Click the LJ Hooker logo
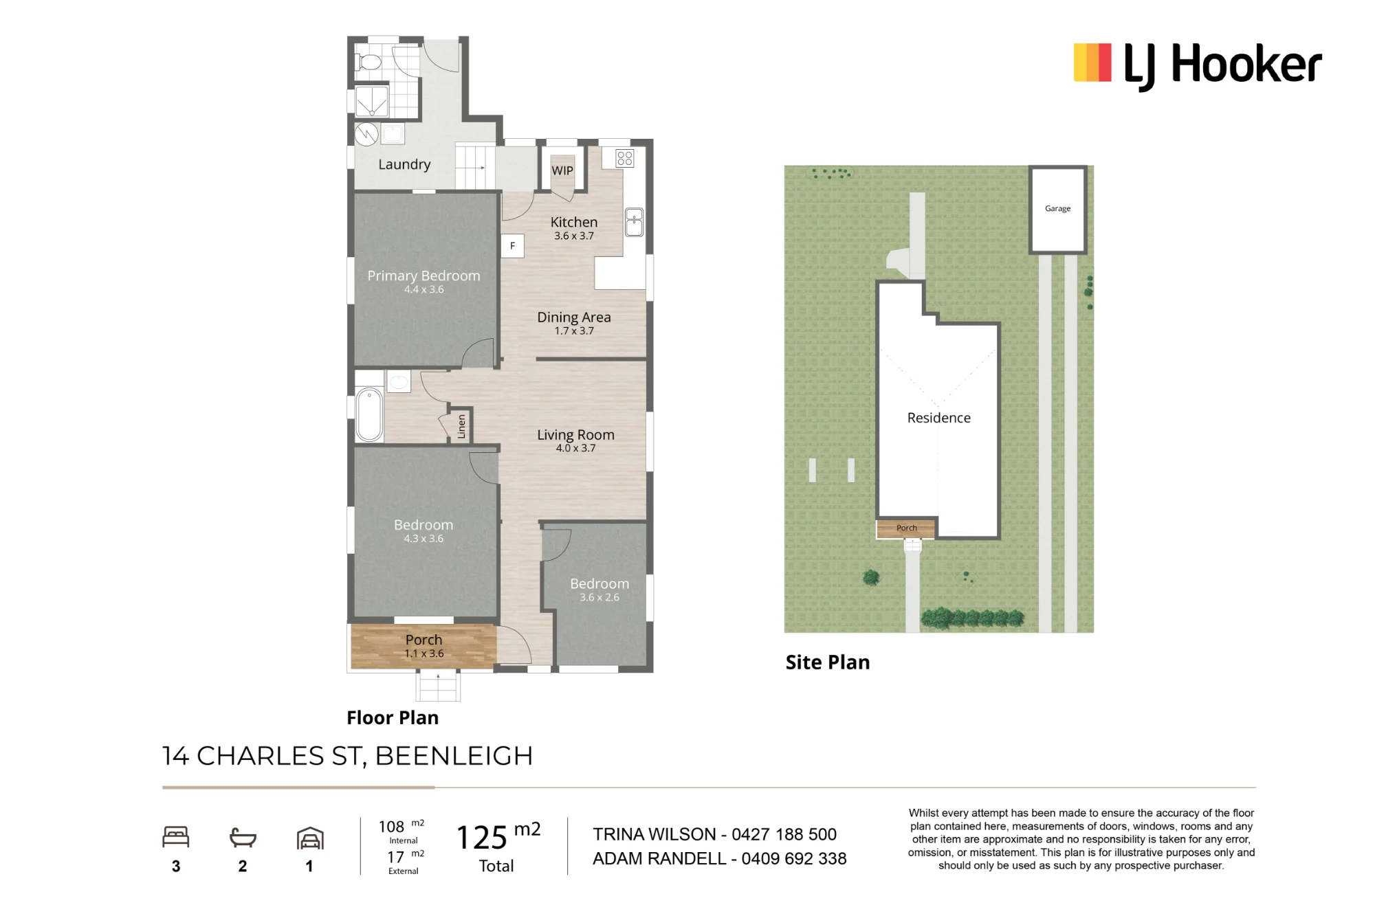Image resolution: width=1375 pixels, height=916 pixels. click(x=1197, y=65)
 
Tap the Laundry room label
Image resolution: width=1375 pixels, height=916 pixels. click(x=404, y=164)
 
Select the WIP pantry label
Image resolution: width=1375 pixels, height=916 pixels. click(x=562, y=170)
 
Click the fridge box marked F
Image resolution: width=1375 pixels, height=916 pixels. click(x=512, y=246)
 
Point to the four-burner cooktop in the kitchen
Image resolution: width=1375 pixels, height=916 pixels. click(x=625, y=159)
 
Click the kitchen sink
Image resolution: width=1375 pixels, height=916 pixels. click(x=634, y=223)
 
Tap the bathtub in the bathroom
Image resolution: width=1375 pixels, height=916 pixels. click(x=369, y=414)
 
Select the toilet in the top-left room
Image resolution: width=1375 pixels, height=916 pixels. click(x=368, y=63)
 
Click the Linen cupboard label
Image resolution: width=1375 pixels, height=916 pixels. click(x=461, y=426)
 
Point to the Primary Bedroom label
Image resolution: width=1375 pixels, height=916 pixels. click(x=423, y=276)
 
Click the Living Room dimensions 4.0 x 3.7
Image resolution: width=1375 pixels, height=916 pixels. click(x=576, y=448)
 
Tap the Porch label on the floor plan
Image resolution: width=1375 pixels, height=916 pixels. click(x=423, y=640)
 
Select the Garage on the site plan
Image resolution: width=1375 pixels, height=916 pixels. click(x=1058, y=209)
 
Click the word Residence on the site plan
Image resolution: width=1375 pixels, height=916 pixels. click(x=939, y=418)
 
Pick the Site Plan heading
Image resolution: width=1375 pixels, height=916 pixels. click(x=828, y=662)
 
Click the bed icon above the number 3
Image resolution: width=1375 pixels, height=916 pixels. click(x=176, y=836)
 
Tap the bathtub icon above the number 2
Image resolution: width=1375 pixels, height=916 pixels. click(x=243, y=838)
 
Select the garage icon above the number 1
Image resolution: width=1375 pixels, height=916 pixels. click(x=310, y=838)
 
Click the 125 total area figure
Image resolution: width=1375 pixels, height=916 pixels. click(x=482, y=838)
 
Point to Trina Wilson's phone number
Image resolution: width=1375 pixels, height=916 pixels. click(x=784, y=834)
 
